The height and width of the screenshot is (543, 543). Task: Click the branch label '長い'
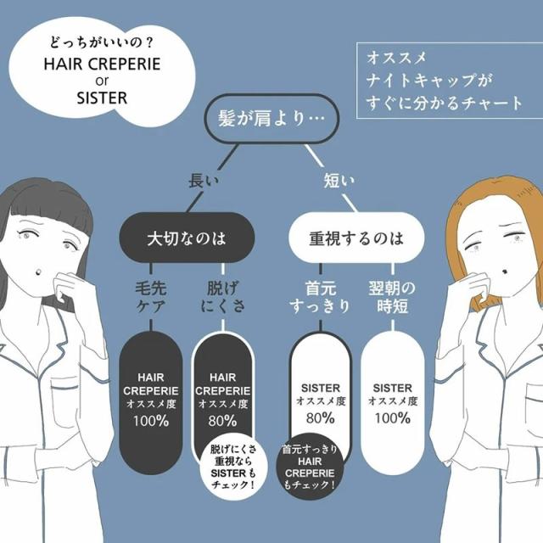(204, 181)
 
